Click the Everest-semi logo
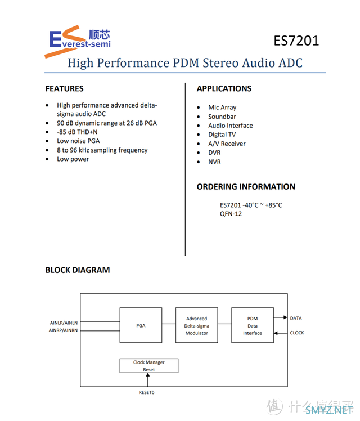[78, 41]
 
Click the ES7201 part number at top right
[296, 41]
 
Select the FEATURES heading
[64, 88]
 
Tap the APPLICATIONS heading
[224, 88]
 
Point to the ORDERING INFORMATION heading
[246, 187]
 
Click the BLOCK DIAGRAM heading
[78, 270]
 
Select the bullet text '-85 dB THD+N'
[77, 132]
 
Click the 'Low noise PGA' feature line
[78, 141]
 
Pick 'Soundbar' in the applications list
[222, 117]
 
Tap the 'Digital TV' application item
[222, 135]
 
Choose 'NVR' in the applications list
[215, 162]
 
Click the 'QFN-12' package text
[231, 214]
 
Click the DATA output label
[296, 318]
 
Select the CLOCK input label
[297, 333]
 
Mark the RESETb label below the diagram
[146, 392]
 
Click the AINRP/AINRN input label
[63, 330]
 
